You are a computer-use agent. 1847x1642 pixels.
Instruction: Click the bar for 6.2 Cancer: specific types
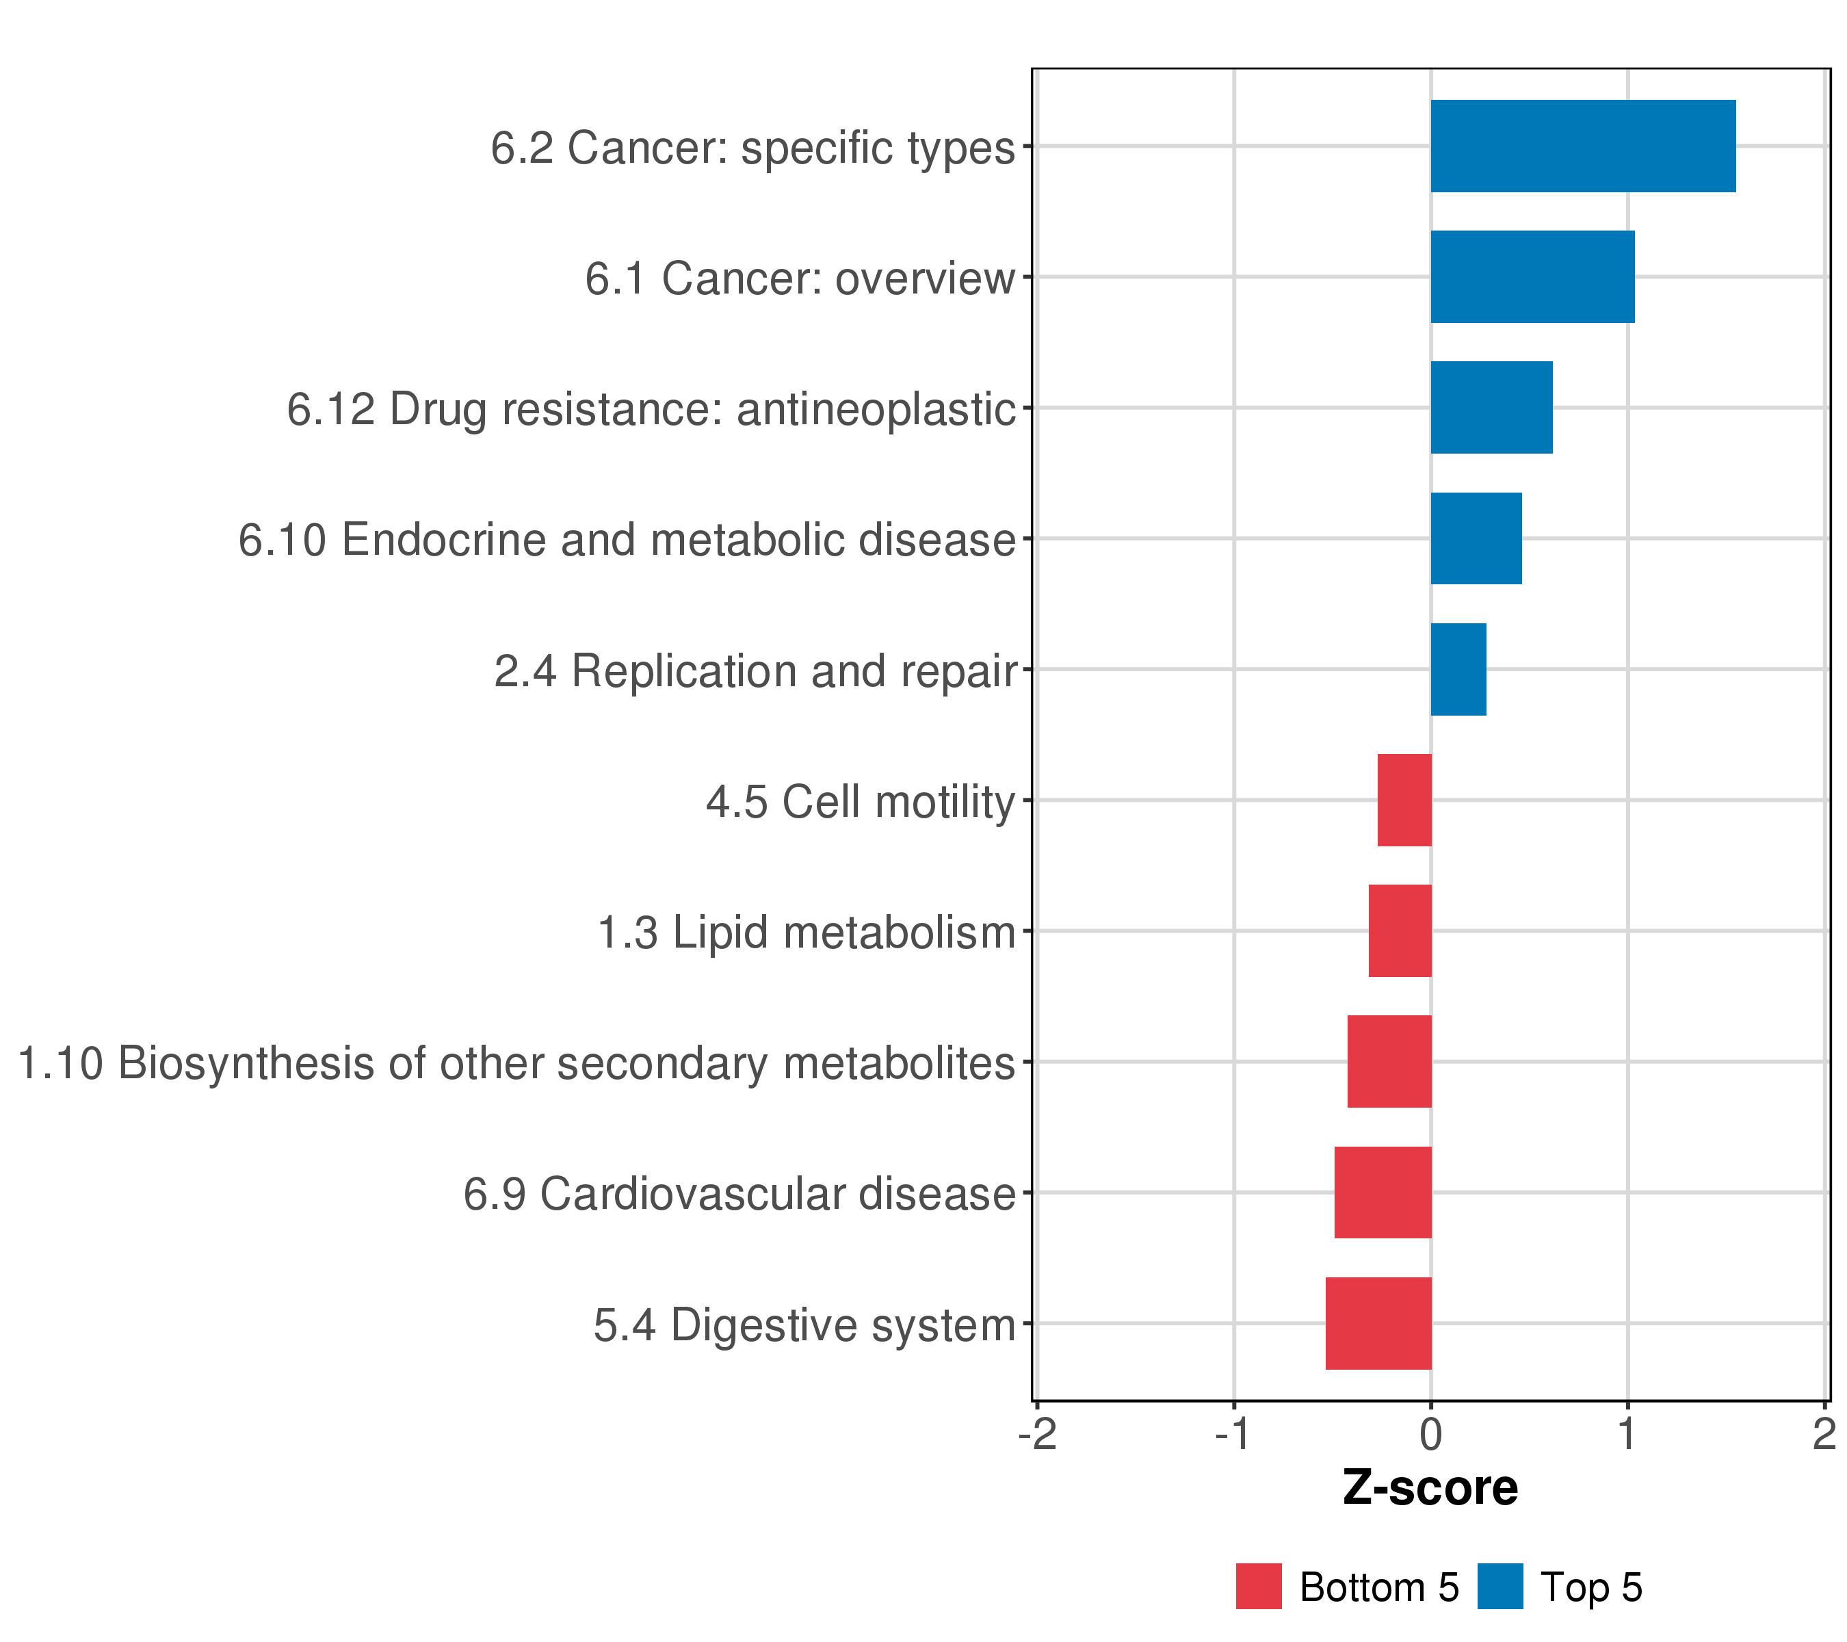(1582, 146)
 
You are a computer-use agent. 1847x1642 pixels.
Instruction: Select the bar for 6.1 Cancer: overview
(1532, 276)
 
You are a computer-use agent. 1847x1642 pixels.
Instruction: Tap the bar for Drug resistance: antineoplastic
(1491, 408)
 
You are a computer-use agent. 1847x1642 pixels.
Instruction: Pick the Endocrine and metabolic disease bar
(1476, 538)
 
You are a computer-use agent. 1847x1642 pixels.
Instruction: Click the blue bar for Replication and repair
(1458, 670)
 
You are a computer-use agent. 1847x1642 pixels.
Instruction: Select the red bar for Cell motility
(1404, 800)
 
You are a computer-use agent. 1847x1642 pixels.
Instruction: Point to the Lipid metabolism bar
(1400, 930)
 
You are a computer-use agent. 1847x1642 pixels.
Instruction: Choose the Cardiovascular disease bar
(1383, 1193)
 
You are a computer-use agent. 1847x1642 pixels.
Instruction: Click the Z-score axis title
(1430, 1488)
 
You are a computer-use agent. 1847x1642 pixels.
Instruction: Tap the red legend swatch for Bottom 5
(1259, 1587)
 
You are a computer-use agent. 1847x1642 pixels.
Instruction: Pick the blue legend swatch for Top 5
(1500, 1587)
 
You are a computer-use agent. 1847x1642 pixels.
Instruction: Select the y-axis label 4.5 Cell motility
(861, 803)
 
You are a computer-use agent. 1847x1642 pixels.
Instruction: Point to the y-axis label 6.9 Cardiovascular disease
(739, 1194)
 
